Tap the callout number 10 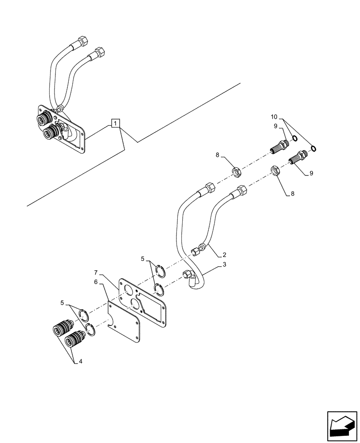pyautogui.click(x=274, y=117)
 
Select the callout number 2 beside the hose pyautogui.click(x=225, y=255)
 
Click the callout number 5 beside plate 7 pyautogui.click(x=142, y=258)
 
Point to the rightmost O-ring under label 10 pyautogui.click(x=314, y=148)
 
